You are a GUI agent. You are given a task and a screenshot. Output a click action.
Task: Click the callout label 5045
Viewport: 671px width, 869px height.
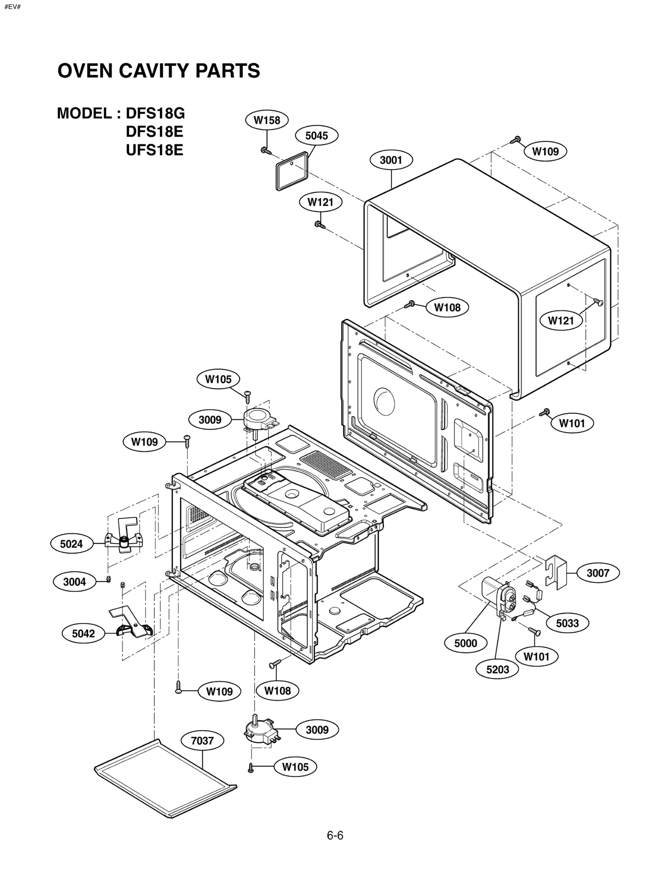tap(317, 135)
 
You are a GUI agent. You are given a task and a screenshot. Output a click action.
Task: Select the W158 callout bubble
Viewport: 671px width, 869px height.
tap(267, 120)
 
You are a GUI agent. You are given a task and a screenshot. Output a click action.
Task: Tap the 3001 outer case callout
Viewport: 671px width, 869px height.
tap(391, 160)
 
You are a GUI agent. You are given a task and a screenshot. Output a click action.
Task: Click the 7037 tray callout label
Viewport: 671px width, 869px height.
tap(202, 741)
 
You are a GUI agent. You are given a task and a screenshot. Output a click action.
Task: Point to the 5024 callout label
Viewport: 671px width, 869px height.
tap(71, 544)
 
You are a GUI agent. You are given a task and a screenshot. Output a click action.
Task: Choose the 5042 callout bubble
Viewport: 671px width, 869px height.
tap(83, 633)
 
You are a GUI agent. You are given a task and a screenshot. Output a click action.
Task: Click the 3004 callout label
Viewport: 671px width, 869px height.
tap(74, 582)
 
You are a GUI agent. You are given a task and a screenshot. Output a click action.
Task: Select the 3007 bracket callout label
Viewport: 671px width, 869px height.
tap(598, 573)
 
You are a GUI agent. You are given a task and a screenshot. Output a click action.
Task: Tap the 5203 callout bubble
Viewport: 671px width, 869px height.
tap(497, 669)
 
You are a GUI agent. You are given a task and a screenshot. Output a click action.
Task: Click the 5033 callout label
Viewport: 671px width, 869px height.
tap(567, 623)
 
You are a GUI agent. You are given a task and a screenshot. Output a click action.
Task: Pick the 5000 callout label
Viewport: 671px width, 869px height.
tap(466, 643)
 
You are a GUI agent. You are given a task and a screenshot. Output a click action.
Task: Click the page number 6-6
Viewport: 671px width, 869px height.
tap(335, 836)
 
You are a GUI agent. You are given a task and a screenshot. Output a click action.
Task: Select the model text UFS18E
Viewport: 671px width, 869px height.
tap(154, 150)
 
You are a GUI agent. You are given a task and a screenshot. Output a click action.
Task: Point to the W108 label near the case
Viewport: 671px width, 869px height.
tap(447, 307)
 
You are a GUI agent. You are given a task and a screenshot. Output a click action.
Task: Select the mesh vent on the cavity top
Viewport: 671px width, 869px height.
tap(326, 465)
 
